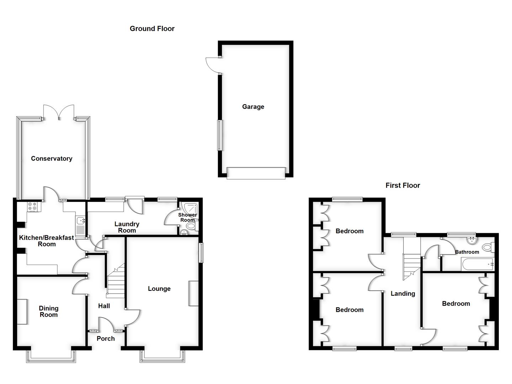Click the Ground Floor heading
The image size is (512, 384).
pos(152,28)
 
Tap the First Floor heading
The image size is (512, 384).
pos(402,185)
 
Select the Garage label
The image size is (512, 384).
pos(253,107)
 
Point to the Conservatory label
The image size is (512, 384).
pos(52,159)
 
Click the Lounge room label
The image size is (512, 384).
pos(159,289)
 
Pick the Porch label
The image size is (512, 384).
pos(106,338)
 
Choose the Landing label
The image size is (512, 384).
pos(402,293)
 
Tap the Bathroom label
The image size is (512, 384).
pos(467,252)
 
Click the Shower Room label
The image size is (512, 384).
pos(187,217)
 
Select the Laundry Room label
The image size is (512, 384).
pos(127,227)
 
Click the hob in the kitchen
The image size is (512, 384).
pos(32,206)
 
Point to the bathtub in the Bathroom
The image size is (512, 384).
pos(478,264)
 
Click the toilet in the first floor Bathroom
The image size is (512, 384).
pos(489,247)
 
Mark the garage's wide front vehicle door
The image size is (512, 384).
pos(256,173)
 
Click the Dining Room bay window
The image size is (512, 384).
pos(51,357)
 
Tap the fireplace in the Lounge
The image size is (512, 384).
pos(193,293)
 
